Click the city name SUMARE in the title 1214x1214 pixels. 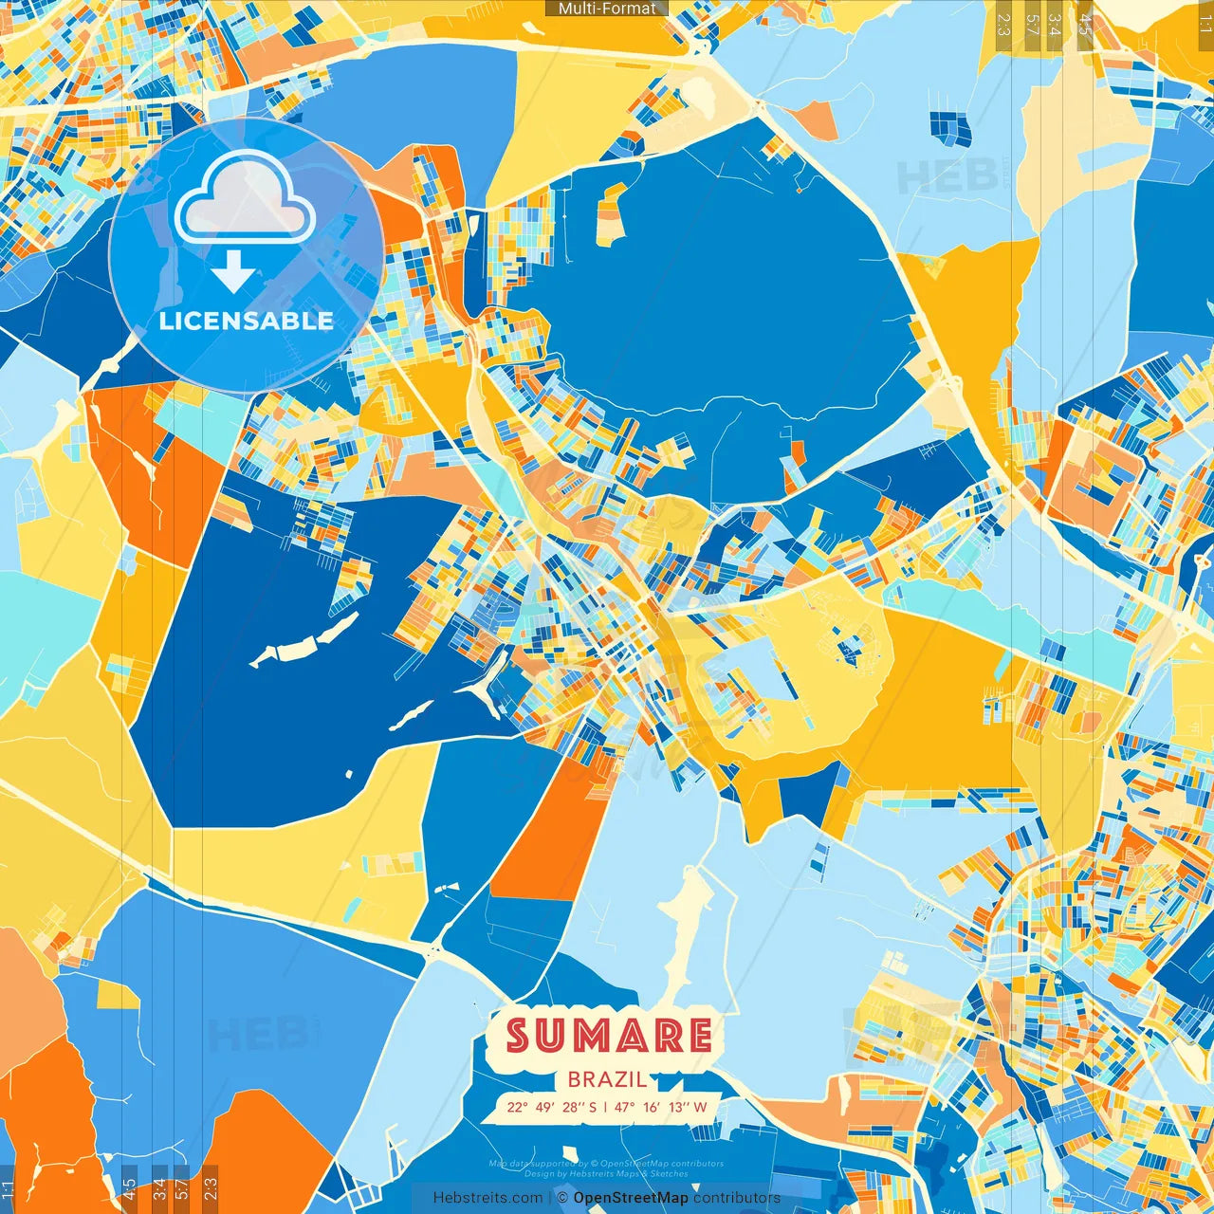609,1036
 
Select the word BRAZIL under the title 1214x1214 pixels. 608,1079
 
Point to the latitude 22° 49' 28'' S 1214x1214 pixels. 551,1107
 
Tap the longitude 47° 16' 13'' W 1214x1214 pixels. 661,1107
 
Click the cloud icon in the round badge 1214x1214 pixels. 245,200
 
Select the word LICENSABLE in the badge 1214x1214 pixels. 246,321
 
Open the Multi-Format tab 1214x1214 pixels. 607,9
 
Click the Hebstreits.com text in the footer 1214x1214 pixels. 488,1198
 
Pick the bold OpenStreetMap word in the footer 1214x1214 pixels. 630,1198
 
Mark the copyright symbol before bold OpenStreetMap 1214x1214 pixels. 563,1198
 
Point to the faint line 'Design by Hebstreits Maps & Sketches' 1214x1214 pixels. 606,1174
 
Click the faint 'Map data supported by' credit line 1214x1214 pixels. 606,1164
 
